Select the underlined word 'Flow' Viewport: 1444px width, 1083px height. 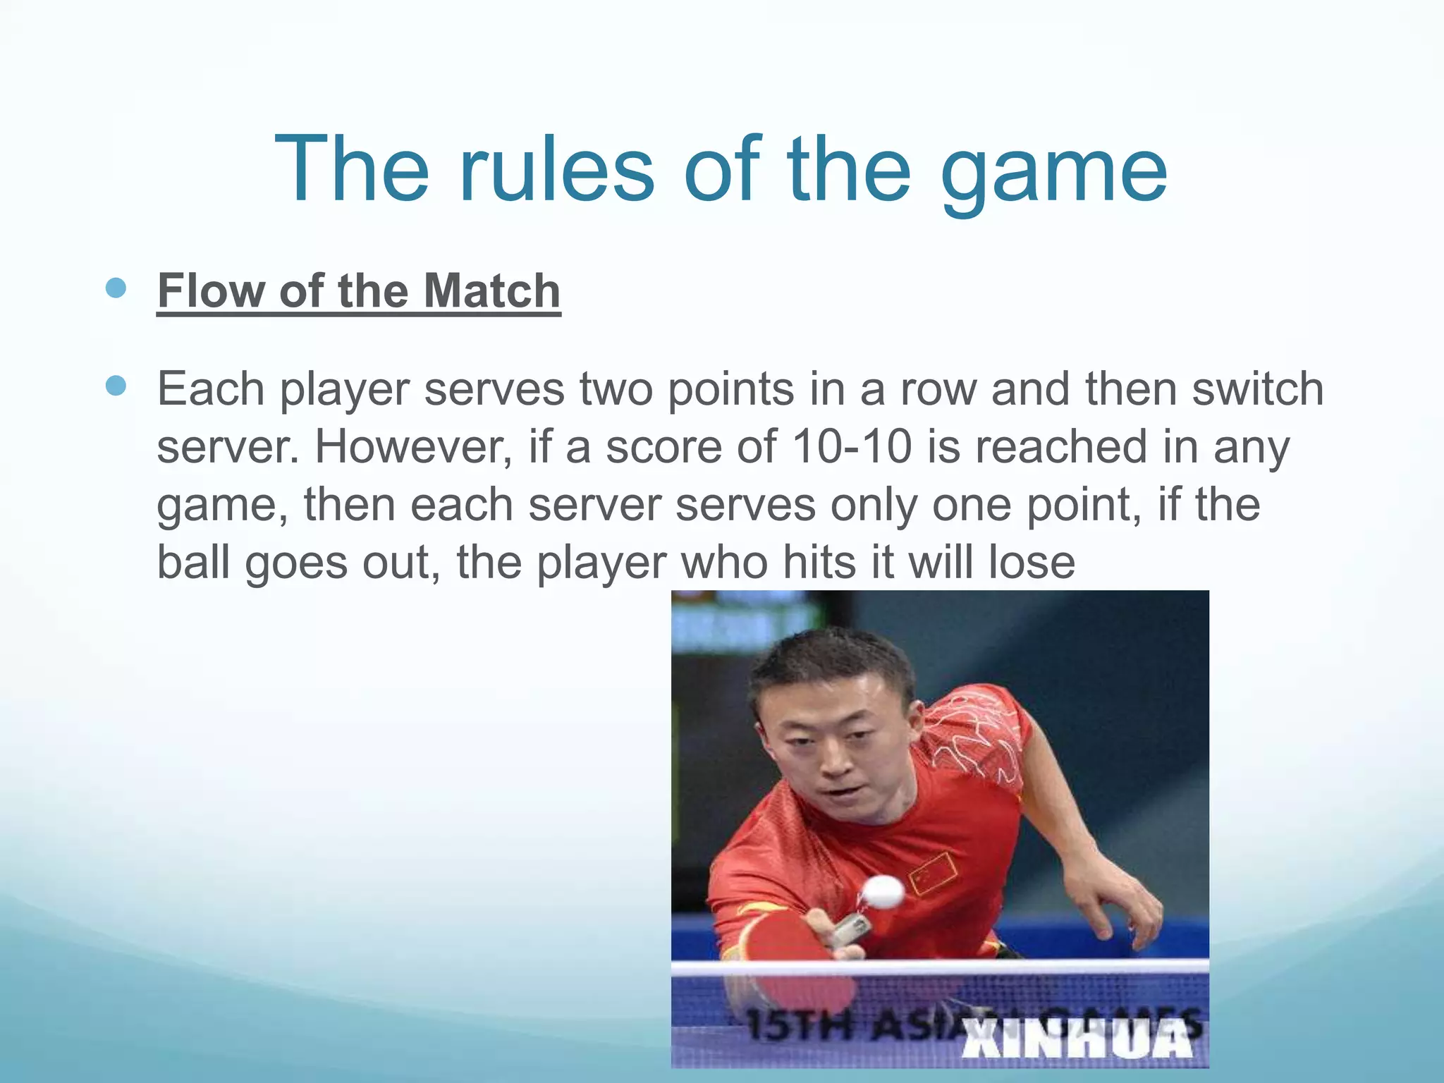click(212, 290)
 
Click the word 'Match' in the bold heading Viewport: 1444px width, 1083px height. click(491, 290)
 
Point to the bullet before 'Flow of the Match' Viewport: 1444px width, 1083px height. click(116, 288)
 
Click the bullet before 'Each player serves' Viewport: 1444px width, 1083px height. click(116, 386)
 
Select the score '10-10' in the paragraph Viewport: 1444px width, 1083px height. click(852, 447)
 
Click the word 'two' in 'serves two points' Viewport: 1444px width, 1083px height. click(616, 388)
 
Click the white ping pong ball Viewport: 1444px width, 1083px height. click(881, 892)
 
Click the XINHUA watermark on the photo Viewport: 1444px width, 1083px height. click(1076, 1038)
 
